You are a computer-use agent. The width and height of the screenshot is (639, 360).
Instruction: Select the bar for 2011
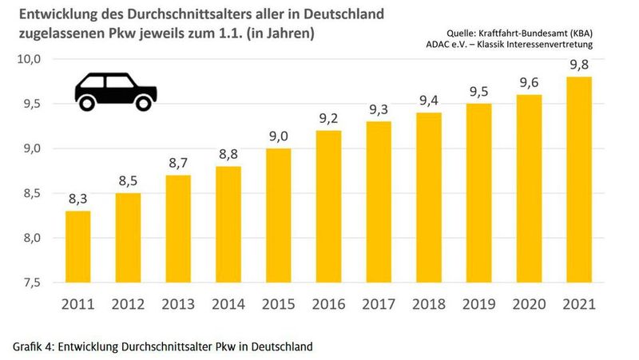[78, 247]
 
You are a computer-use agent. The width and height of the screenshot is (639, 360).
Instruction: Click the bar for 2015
[280, 216]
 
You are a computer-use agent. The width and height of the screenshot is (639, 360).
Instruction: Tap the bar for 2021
[581, 180]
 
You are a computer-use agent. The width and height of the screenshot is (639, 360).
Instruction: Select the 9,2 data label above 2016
[330, 119]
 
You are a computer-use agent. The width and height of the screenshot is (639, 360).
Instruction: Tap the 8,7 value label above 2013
[179, 164]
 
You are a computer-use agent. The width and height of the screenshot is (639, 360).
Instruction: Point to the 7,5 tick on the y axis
[32, 283]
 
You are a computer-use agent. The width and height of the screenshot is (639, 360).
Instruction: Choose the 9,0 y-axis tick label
[32, 148]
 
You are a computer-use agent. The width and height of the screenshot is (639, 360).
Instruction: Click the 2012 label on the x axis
[129, 304]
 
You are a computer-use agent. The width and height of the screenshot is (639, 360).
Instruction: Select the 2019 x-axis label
[480, 304]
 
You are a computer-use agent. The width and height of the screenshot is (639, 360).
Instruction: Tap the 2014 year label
[229, 304]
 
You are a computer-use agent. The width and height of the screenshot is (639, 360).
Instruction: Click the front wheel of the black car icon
[144, 102]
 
